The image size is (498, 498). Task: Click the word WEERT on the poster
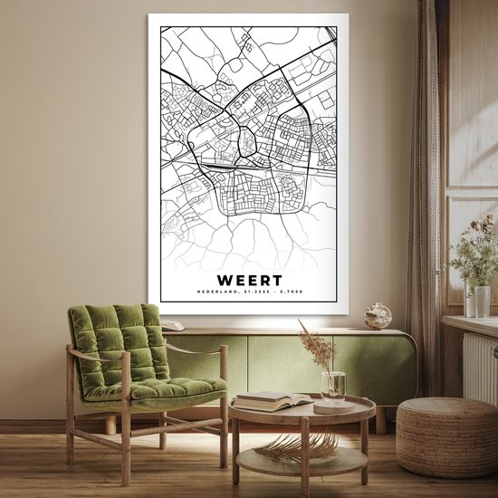coord(249,281)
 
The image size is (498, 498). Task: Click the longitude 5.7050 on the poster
coord(289,292)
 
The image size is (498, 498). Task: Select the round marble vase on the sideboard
coord(378,316)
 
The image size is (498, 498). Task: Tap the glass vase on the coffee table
coord(333,384)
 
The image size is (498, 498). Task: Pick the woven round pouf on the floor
coord(446,436)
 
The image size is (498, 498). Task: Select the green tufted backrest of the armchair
coord(118,340)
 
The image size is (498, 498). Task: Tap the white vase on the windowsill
coord(482,301)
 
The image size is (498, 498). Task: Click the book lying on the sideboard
coord(172,326)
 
